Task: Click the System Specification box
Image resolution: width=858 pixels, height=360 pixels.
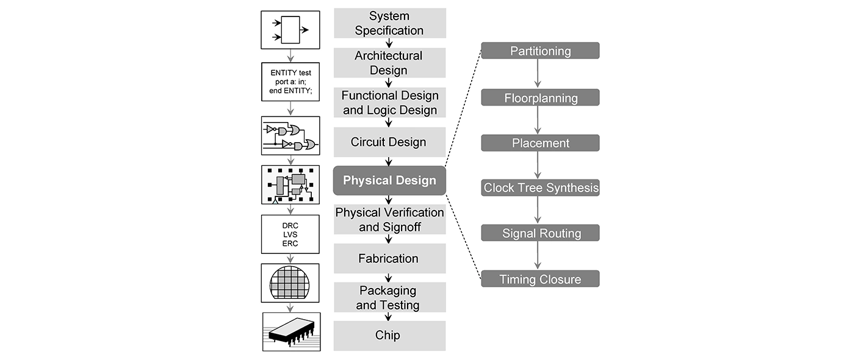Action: pyautogui.click(x=389, y=23)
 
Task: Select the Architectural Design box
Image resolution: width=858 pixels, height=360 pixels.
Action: pyautogui.click(x=389, y=63)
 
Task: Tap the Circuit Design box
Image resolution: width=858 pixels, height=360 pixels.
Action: pyautogui.click(x=389, y=142)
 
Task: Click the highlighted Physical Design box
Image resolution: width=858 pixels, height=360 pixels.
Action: pyautogui.click(x=389, y=181)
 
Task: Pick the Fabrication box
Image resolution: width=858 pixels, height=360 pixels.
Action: pyautogui.click(x=389, y=259)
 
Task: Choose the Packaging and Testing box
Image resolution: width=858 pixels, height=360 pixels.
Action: pyautogui.click(x=389, y=298)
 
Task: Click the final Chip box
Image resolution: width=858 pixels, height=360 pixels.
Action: pyautogui.click(x=389, y=336)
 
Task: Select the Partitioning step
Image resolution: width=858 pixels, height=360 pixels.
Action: pyautogui.click(x=540, y=51)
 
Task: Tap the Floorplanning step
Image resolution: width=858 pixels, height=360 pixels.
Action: pyautogui.click(x=540, y=98)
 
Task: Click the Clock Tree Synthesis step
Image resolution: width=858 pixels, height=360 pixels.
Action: pyautogui.click(x=540, y=188)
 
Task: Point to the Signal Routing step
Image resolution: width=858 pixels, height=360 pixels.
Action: pyautogui.click(x=540, y=233)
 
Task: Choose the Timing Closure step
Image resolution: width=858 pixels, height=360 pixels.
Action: pyautogui.click(x=540, y=279)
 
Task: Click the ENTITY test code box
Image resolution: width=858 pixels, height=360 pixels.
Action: pyautogui.click(x=290, y=82)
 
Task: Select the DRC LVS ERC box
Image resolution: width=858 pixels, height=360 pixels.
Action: pyautogui.click(x=290, y=234)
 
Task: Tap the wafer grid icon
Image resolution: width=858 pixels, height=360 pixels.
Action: pyautogui.click(x=290, y=283)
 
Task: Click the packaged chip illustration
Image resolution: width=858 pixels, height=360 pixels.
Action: pyautogui.click(x=290, y=332)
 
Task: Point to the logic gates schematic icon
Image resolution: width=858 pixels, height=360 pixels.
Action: pyautogui.click(x=290, y=136)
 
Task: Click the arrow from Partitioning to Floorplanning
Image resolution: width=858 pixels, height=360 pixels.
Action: pyautogui.click(x=538, y=74)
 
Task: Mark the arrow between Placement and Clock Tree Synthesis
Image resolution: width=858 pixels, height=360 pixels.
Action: pyautogui.click(x=538, y=165)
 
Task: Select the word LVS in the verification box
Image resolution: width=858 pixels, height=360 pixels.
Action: pyautogui.click(x=290, y=234)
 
